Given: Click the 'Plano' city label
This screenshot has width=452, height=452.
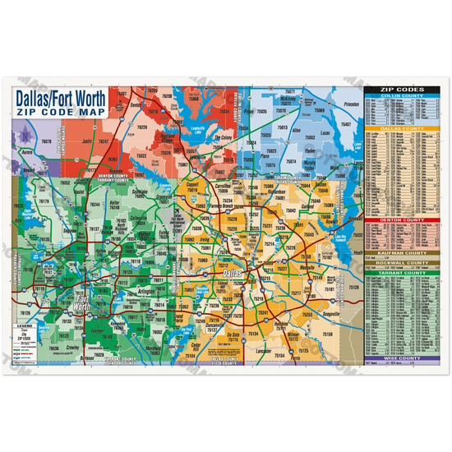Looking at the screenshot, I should tap(265, 154).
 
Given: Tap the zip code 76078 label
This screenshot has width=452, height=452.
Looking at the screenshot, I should tap(47, 141).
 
